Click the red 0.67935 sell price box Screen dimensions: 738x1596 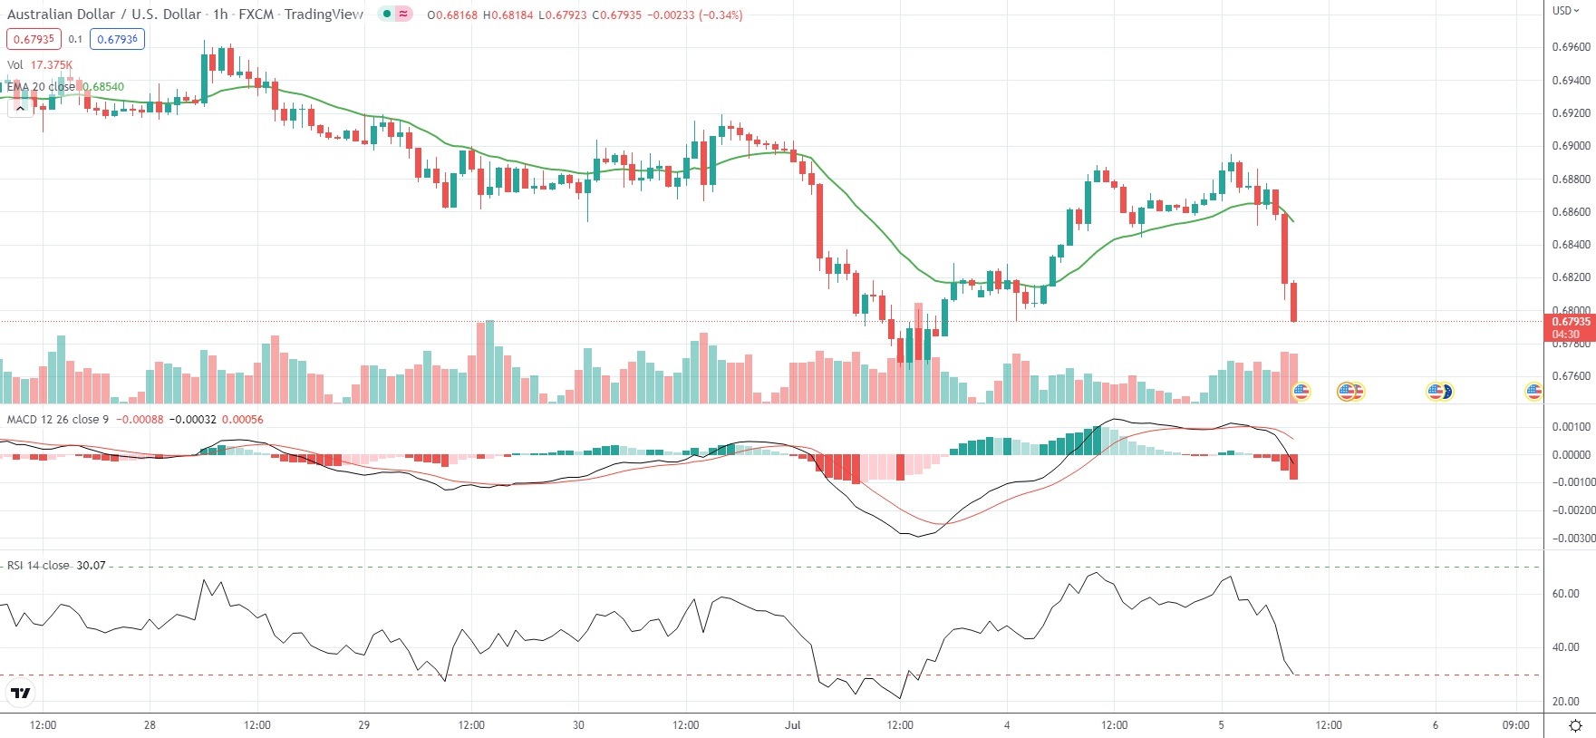(x=34, y=39)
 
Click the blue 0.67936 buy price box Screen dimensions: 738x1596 (x=117, y=39)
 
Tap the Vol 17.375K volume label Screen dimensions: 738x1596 (x=40, y=64)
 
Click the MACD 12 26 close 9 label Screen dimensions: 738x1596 (x=58, y=419)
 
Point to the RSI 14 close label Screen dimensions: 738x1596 (x=38, y=565)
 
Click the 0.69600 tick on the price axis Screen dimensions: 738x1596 (x=1571, y=47)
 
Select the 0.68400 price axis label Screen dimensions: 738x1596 (x=1571, y=245)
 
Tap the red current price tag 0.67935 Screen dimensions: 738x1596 (x=1570, y=322)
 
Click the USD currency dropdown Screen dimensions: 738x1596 (x=1565, y=11)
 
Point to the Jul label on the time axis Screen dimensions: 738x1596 (x=793, y=725)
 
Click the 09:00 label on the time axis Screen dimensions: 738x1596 (x=1515, y=725)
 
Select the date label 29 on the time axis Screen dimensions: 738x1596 (x=364, y=725)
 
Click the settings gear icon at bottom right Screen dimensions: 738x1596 (x=1575, y=725)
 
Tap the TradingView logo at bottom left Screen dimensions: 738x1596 (x=20, y=694)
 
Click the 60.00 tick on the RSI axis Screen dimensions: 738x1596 (x=1565, y=594)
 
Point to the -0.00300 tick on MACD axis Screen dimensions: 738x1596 (x=1572, y=539)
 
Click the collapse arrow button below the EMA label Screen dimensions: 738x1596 (x=20, y=108)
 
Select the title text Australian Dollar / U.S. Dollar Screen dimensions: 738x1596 (x=104, y=15)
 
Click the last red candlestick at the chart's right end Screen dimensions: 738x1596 (x=1294, y=301)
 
